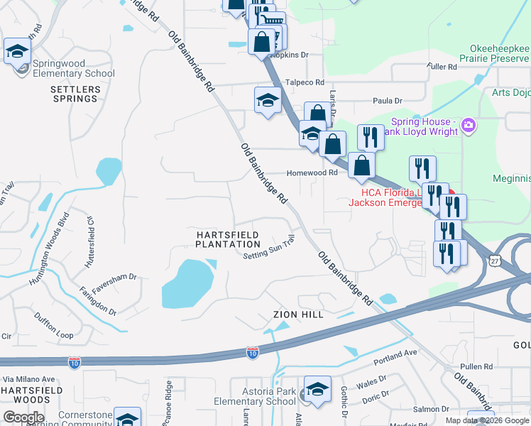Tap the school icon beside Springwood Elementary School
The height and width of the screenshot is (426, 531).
point(17,51)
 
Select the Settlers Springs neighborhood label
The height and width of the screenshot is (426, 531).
point(74,94)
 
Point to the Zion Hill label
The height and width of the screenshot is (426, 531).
point(298,315)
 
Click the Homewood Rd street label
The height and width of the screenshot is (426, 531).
point(312,173)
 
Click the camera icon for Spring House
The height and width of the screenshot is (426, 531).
point(468,126)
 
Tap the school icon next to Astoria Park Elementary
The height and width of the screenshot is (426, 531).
point(317,389)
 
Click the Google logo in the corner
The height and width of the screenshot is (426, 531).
point(23,417)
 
